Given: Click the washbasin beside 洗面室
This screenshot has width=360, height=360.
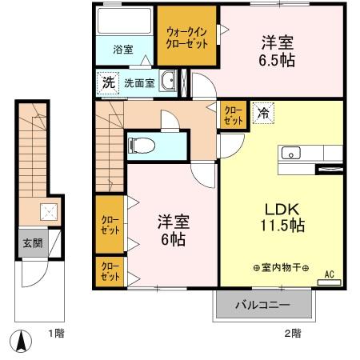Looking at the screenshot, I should pyautogui.click(x=168, y=81).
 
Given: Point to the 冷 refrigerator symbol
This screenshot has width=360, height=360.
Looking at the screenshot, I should pyautogui.click(x=262, y=114).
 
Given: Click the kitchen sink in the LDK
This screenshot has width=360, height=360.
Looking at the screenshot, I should pyautogui.click(x=290, y=152).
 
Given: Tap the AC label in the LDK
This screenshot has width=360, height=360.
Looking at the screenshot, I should pyautogui.click(x=328, y=274).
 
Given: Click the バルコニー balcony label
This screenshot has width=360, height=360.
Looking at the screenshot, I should pyautogui.click(x=262, y=304).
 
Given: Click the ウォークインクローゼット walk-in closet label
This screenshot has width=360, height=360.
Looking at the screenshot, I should pyautogui.click(x=187, y=38).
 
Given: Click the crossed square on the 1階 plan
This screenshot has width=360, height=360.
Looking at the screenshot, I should pyautogui.click(x=46, y=212).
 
